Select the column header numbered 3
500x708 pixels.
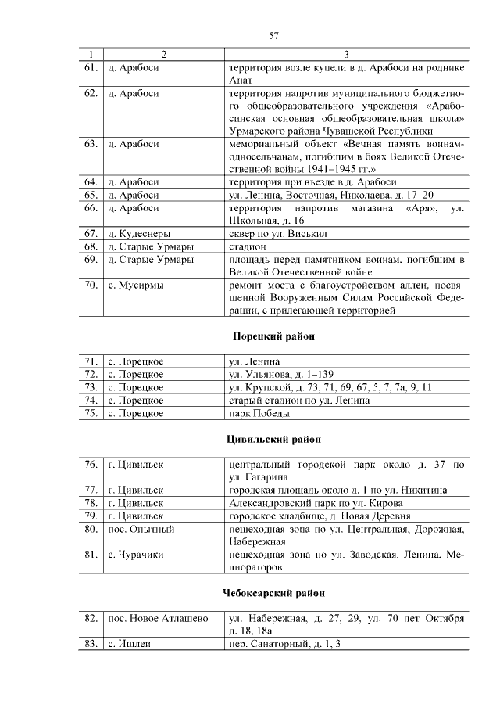347,55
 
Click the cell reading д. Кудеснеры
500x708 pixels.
138,234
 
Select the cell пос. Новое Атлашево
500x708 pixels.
157,619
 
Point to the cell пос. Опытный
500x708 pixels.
141,530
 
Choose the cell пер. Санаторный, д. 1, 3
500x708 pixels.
286,644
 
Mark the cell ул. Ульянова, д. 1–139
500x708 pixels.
280,375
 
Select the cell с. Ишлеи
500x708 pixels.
129,644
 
